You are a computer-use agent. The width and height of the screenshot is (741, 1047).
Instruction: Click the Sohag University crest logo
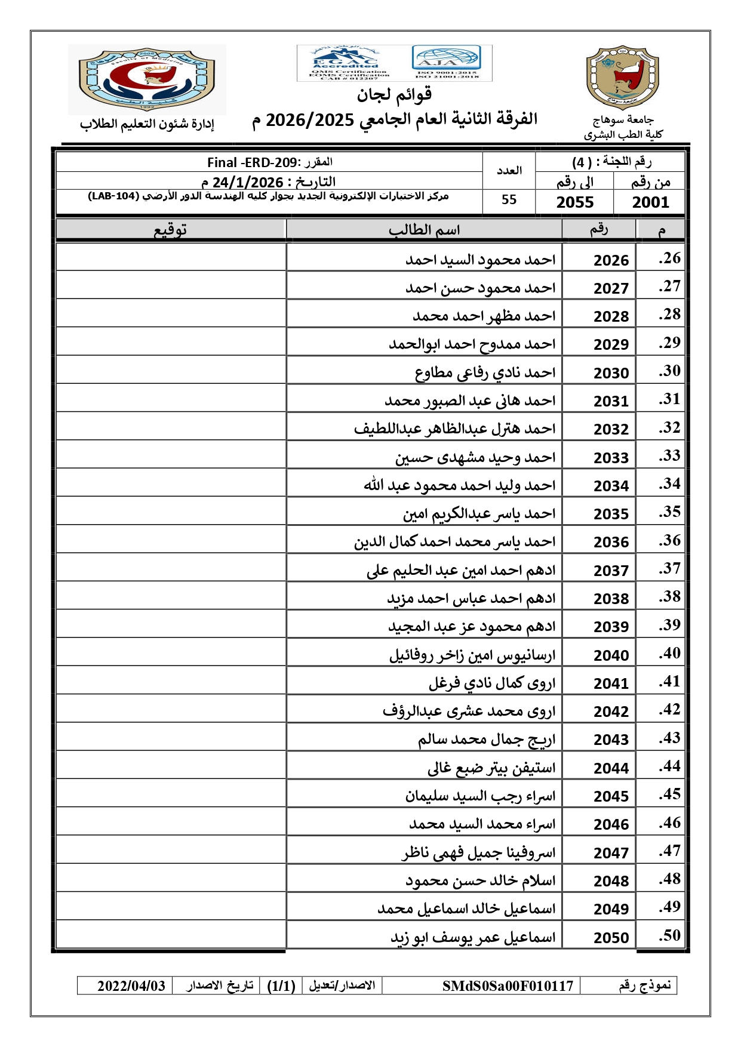(622, 78)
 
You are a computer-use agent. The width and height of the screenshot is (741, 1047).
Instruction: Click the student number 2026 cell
(611, 260)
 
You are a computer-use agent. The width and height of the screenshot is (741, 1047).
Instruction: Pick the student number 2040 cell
(611, 655)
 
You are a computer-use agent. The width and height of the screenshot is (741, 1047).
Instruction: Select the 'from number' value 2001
(650, 202)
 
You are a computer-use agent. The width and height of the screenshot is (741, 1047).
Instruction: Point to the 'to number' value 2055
(575, 202)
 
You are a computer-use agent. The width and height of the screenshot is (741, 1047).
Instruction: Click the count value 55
(509, 200)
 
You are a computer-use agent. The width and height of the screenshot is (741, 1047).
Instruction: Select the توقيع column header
(171, 230)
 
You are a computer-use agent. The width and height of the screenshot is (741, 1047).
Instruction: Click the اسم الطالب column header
(424, 230)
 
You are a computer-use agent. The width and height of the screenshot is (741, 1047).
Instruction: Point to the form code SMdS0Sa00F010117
(508, 986)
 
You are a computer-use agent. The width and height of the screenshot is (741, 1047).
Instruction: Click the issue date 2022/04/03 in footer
(131, 986)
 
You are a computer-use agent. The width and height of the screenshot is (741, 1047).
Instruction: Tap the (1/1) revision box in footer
(281, 986)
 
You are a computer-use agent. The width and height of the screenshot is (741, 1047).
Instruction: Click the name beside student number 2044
(491, 768)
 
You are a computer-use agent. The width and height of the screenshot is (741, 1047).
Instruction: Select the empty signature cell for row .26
(171, 258)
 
